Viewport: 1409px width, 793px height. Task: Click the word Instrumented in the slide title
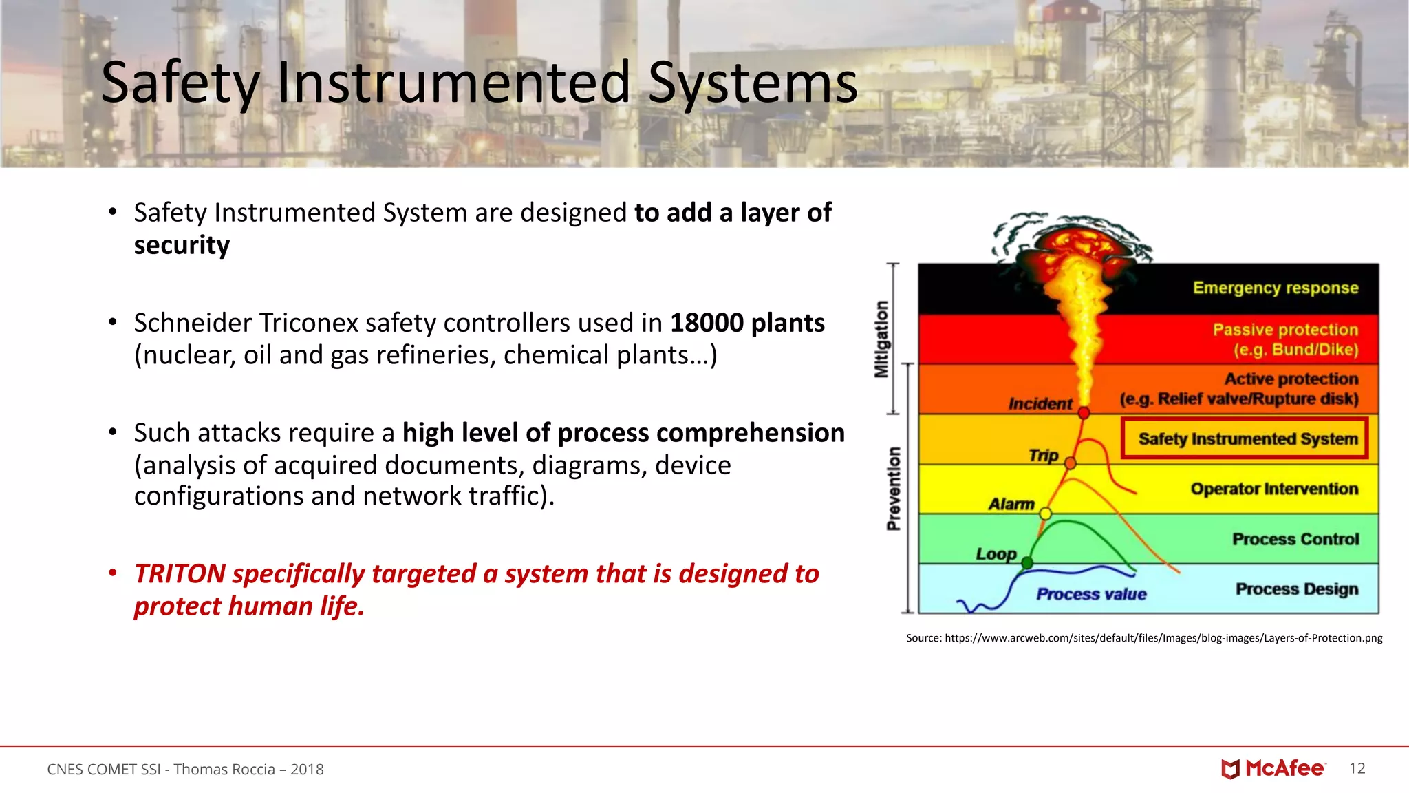click(x=453, y=83)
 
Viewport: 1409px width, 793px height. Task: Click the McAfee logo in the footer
click(x=1273, y=768)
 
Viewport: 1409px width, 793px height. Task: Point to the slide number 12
click(x=1357, y=768)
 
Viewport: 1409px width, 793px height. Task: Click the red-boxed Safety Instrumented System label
click(x=1247, y=439)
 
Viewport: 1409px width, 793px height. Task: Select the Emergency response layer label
click(x=1275, y=288)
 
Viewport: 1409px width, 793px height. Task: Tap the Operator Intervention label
click(x=1274, y=489)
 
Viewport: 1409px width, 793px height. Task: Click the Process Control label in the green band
click(x=1295, y=539)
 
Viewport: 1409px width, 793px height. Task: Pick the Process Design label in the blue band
click(x=1296, y=589)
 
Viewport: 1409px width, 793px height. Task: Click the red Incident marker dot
click(x=1084, y=413)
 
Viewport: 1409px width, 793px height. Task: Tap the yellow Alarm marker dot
click(x=1045, y=514)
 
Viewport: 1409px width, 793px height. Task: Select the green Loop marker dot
click(x=1027, y=563)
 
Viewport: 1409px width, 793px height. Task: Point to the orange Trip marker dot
click(x=1070, y=463)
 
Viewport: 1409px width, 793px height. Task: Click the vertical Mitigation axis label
click(x=881, y=339)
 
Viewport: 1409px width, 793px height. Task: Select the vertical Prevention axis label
click(x=894, y=488)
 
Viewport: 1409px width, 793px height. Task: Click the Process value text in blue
click(x=1091, y=594)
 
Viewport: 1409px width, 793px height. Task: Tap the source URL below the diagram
click(x=1163, y=638)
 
